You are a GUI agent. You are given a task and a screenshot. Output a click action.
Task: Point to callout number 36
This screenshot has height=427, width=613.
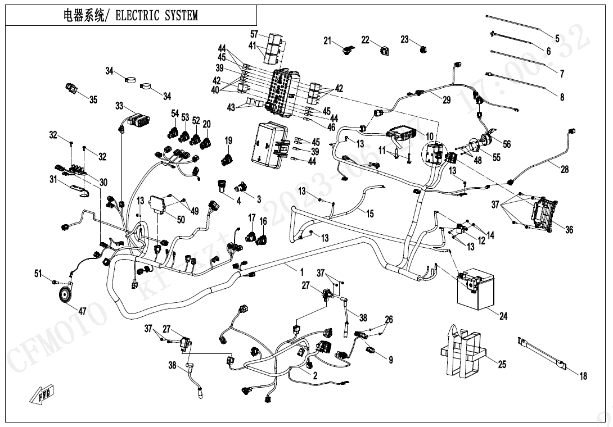coord(569,230)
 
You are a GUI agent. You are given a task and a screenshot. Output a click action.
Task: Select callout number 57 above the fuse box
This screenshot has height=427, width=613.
coord(254,34)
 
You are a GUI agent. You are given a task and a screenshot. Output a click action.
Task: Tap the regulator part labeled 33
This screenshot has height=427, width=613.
coord(139,120)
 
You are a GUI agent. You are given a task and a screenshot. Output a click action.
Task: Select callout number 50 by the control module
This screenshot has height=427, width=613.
coord(181,220)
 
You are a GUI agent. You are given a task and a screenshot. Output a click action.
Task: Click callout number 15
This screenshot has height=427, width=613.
coord(369,213)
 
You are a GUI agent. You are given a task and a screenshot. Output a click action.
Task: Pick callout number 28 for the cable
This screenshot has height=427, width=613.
coord(564,169)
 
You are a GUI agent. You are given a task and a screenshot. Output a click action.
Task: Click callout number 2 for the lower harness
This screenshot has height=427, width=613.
coord(315,375)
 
